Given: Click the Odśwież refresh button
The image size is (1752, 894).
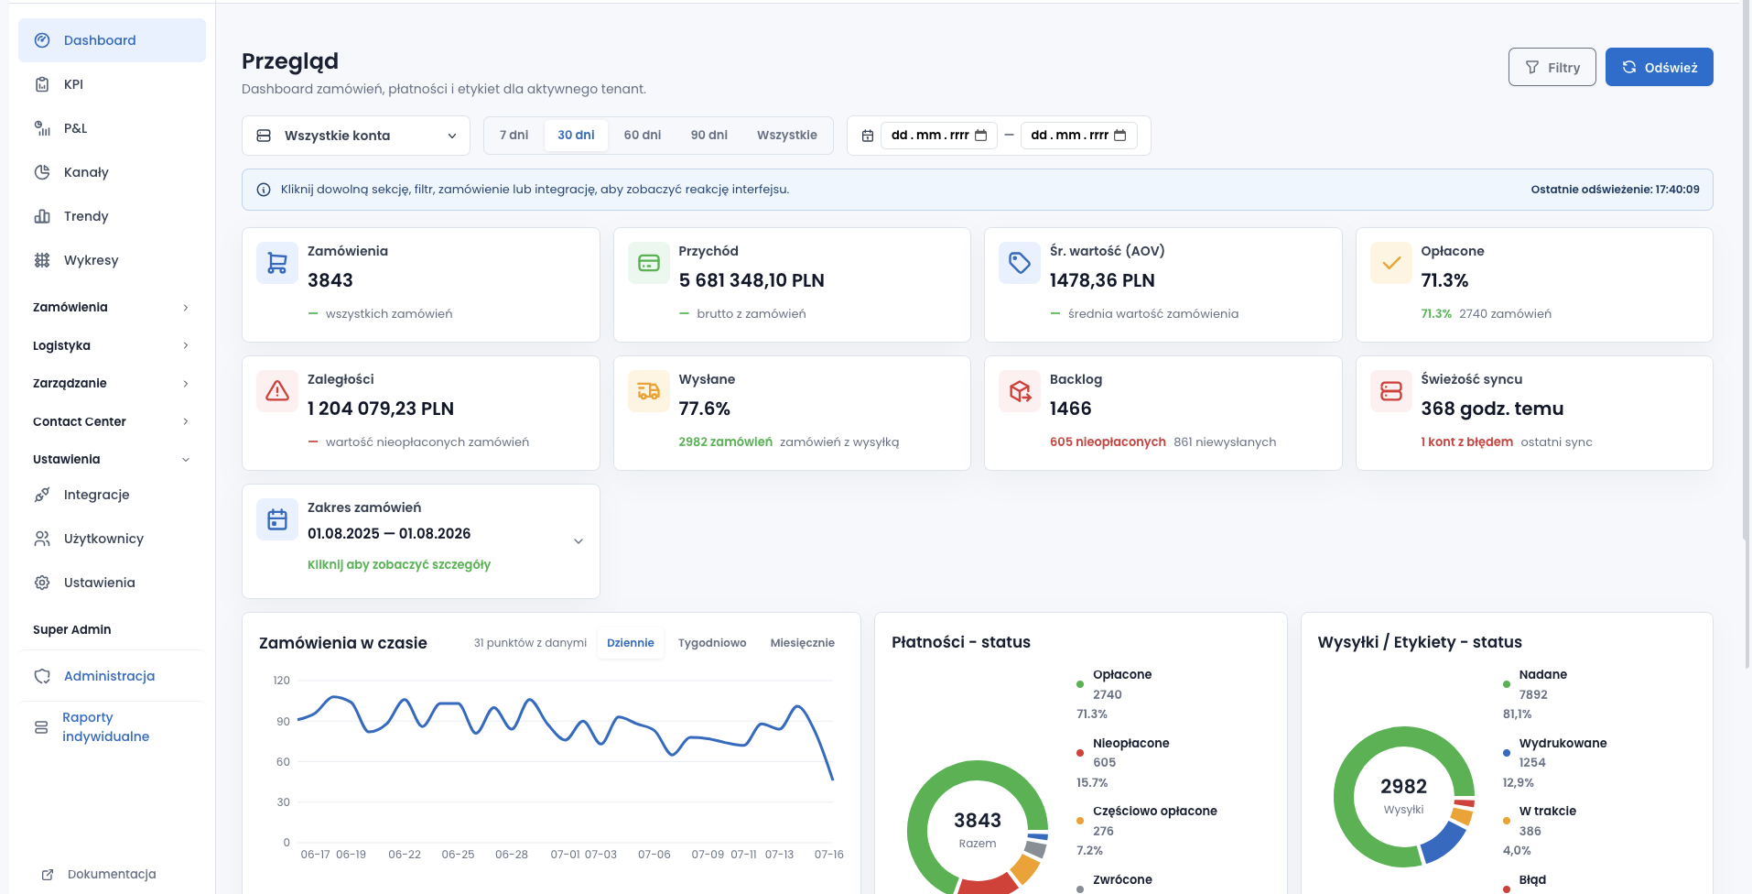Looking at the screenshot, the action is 1659,67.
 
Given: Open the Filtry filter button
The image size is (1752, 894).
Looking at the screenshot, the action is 1552,67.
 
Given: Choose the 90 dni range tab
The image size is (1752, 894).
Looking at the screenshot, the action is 708,135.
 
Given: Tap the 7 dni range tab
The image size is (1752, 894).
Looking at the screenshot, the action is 514,135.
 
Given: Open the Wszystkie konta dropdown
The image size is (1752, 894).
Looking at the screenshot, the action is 356,136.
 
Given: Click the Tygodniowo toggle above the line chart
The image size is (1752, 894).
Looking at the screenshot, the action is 712,643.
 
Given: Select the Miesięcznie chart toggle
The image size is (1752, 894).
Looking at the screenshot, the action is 802,643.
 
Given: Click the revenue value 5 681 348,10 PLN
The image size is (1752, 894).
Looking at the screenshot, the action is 752,280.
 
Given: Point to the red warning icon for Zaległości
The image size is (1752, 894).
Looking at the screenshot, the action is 277,391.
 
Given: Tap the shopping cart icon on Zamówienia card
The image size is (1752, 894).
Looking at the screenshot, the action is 277,263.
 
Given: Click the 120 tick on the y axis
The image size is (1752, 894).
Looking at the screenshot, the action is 281,681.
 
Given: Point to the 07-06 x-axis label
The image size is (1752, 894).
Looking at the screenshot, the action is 654,855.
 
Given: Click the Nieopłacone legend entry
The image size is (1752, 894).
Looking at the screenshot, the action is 1130,743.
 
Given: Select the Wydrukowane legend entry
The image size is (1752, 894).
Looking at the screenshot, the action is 1563,743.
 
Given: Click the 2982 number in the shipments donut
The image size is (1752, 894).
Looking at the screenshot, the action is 1403,787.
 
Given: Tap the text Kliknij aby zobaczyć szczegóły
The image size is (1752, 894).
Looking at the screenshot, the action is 399,564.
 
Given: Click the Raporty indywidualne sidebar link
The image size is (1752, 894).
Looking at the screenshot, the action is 105,726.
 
